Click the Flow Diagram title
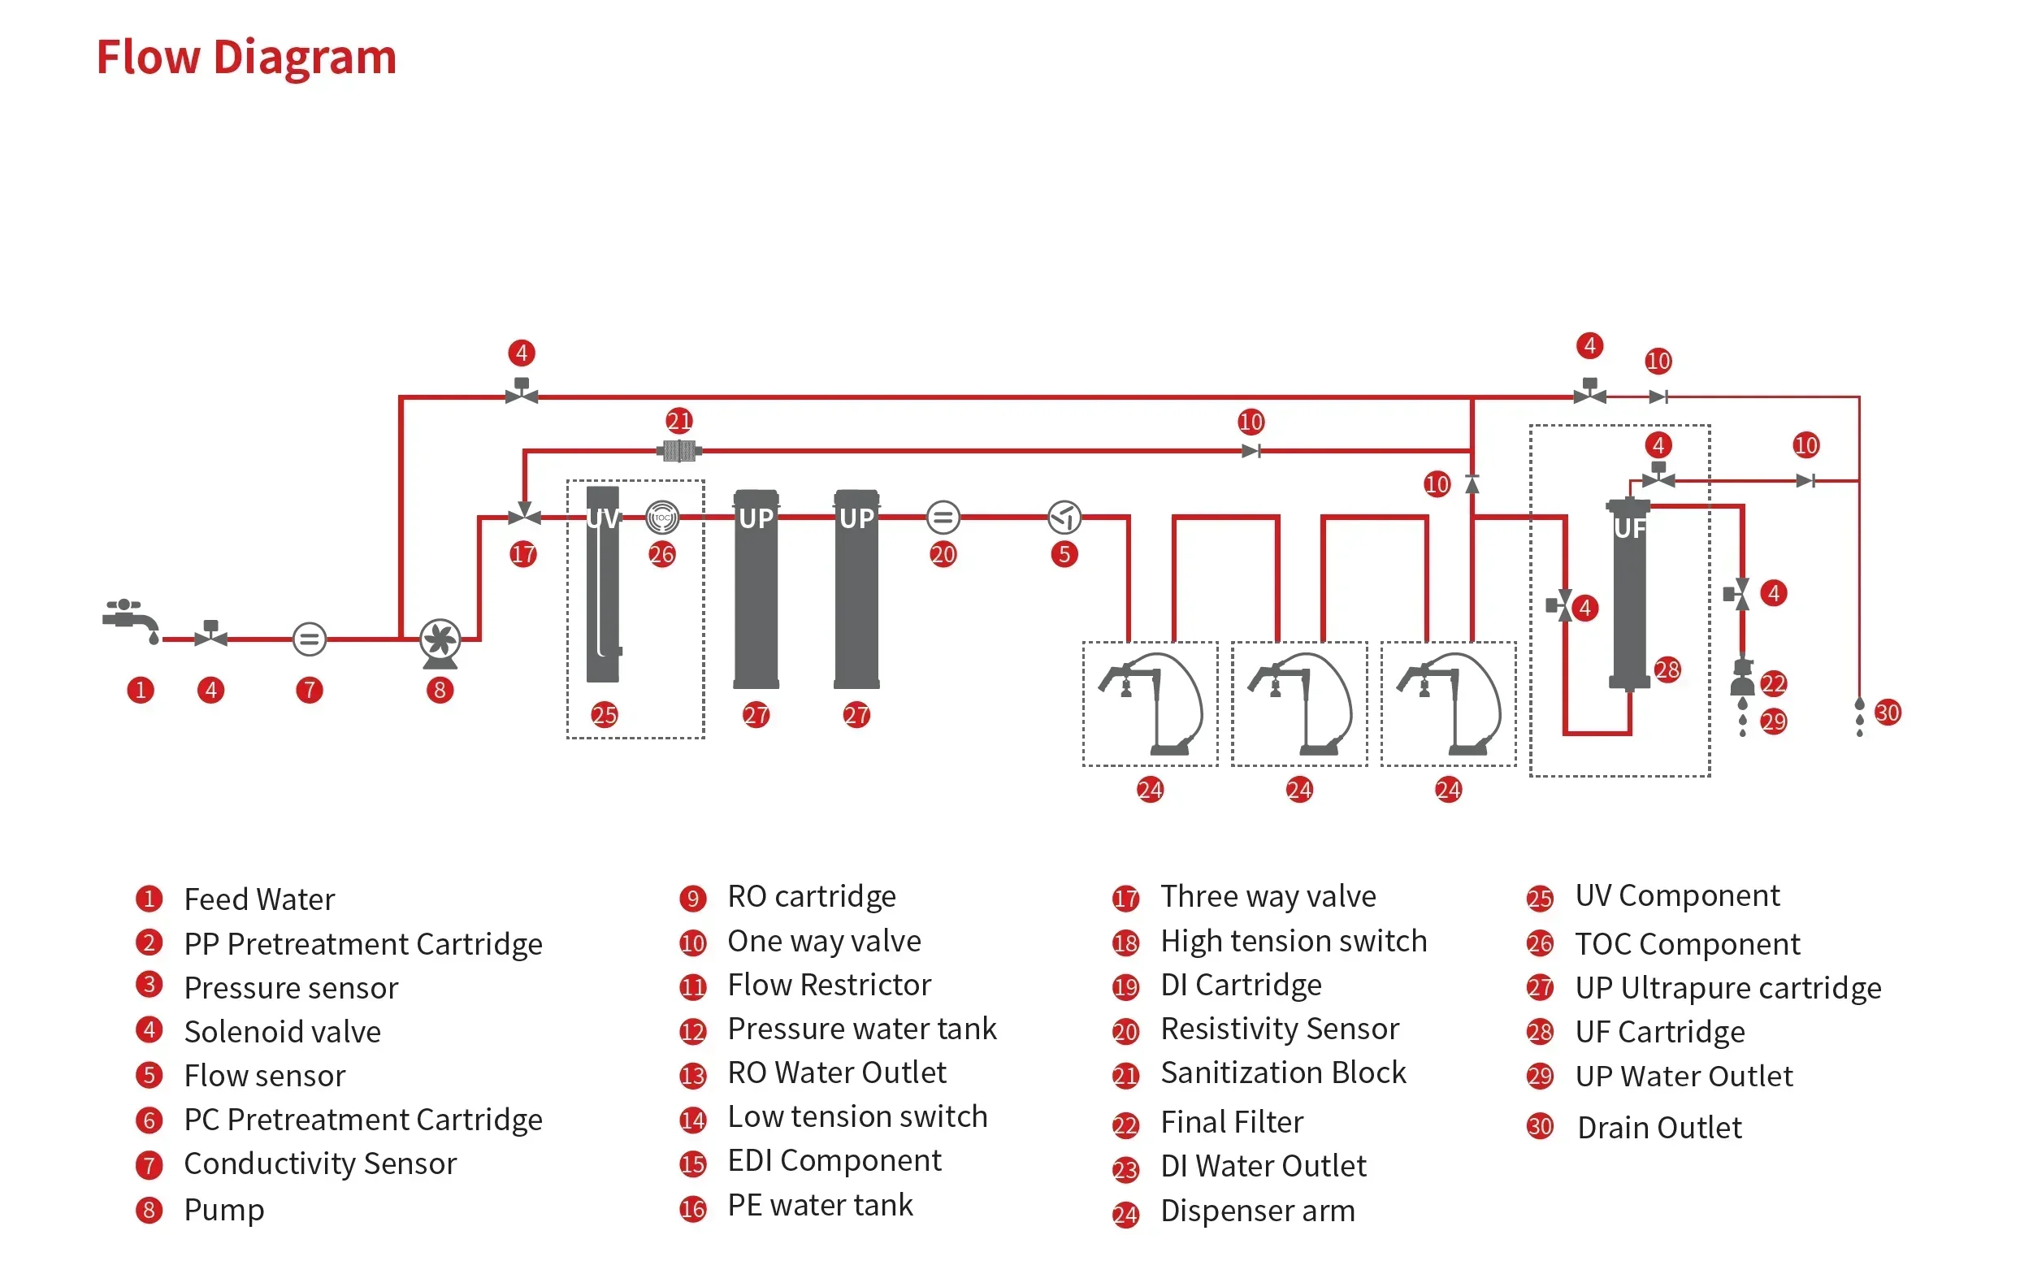click(245, 58)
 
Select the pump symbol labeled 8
click(440, 643)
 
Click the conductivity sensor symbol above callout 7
click(310, 639)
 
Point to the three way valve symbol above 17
click(524, 513)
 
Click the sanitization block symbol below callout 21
click(678, 452)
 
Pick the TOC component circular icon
click(662, 518)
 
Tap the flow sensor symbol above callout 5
click(1064, 518)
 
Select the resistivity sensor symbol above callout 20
click(943, 518)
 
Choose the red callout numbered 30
click(1888, 713)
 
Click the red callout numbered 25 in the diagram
click(604, 715)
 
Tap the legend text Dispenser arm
click(1258, 1211)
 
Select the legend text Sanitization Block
click(1284, 1072)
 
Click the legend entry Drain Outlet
click(1659, 1128)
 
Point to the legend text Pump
click(224, 1210)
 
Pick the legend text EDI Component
click(834, 1160)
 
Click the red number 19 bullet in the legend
click(1125, 986)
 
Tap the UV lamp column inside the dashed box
click(603, 584)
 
